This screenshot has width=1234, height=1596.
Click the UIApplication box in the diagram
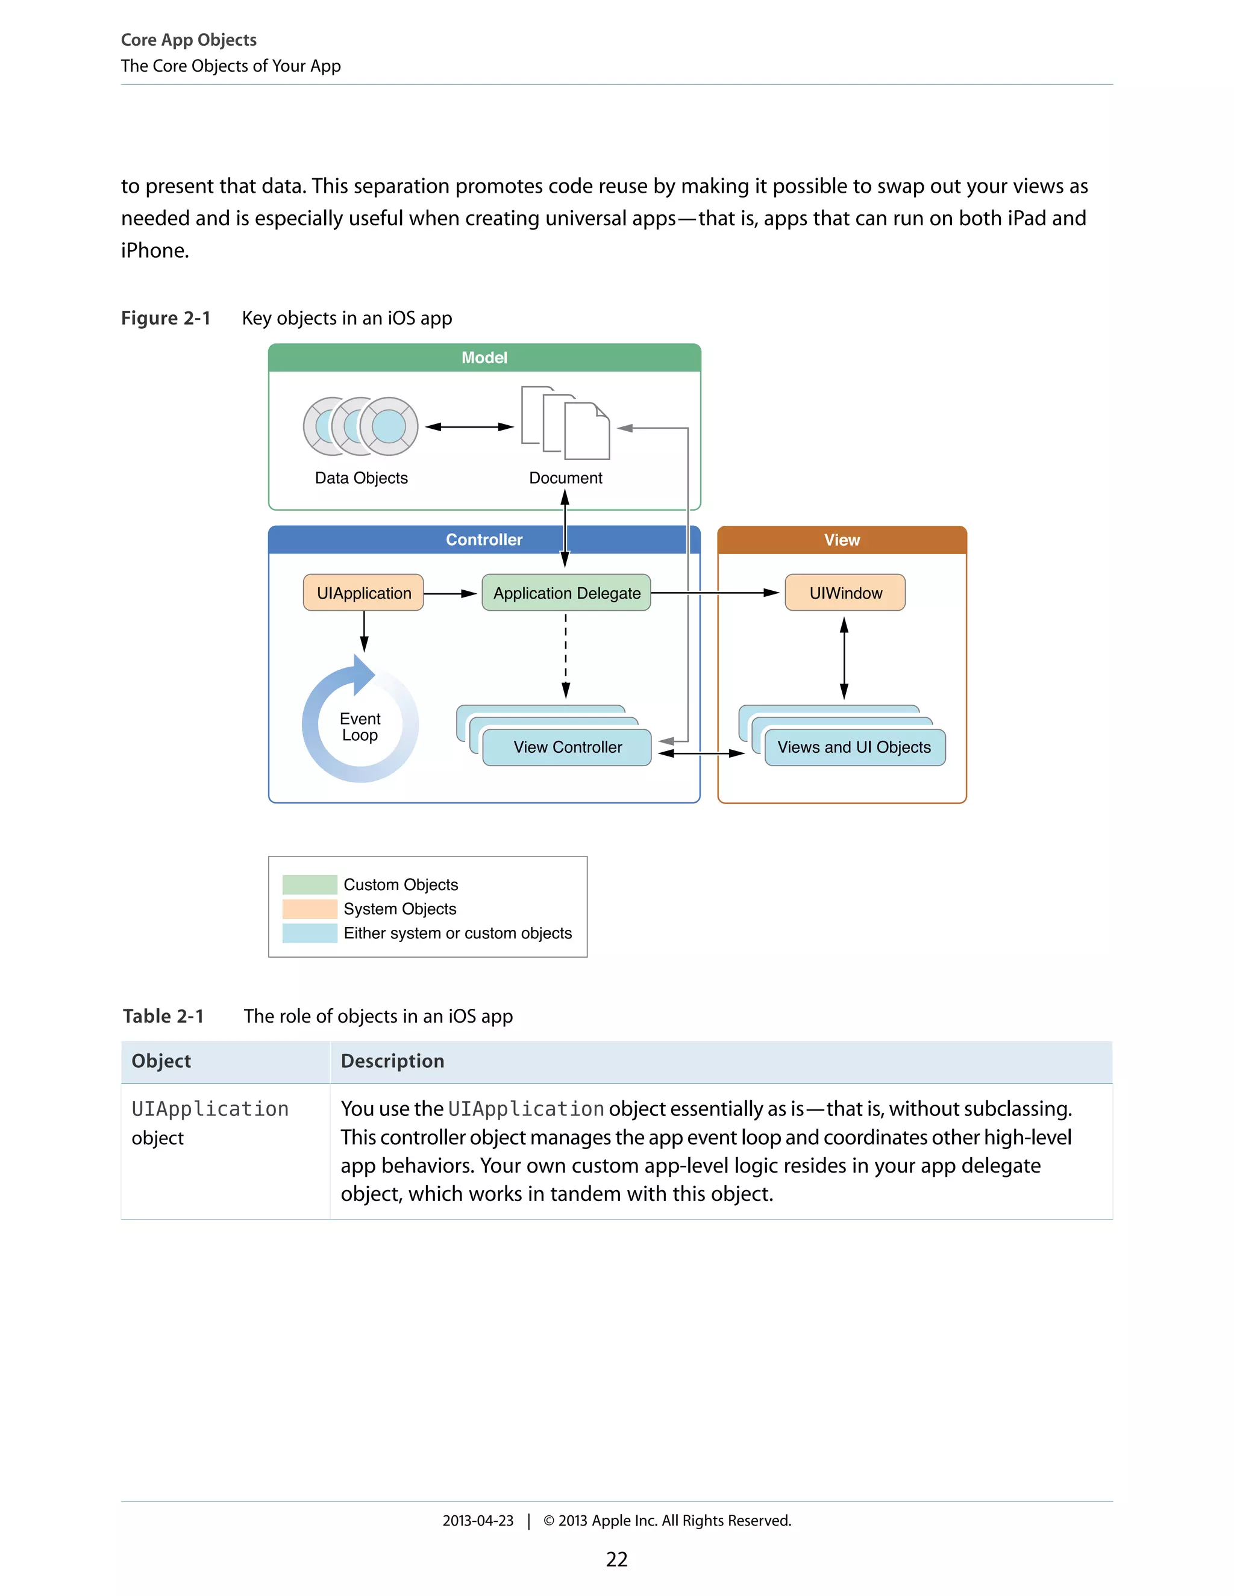click(x=363, y=593)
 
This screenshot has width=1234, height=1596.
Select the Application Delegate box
click(x=566, y=593)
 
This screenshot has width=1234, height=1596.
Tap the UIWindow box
click(x=845, y=593)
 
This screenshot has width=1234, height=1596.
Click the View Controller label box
click(x=567, y=747)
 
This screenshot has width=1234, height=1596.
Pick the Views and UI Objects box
click(x=854, y=747)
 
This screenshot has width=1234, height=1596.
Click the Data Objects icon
click(x=360, y=427)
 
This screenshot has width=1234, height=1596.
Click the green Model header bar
click(x=484, y=357)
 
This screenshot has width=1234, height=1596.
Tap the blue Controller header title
click(x=484, y=539)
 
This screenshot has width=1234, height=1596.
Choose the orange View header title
click(x=841, y=539)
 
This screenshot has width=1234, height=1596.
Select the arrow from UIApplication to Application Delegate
click(x=450, y=593)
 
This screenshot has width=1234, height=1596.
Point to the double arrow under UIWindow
click(x=844, y=658)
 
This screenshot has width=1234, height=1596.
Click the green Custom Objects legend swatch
click(x=309, y=884)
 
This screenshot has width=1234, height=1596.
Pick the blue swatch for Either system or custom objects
click(x=309, y=933)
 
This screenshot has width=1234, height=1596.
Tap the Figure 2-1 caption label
click(x=165, y=318)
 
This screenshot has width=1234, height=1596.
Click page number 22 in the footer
click(x=616, y=1559)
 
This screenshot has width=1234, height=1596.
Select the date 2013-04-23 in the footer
click(x=477, y=1521)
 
